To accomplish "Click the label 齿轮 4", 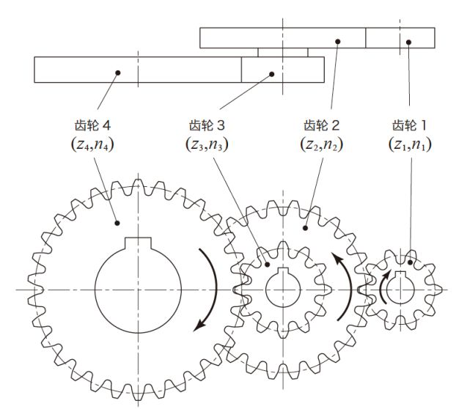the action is (x=93, y=125).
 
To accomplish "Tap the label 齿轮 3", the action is (x=207, y=125).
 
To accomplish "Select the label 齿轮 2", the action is (x=321, y=125).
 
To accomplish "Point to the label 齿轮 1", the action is (x=410, y=125).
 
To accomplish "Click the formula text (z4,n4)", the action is (x=92, y=144).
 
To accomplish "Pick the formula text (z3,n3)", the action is (x=207, y=144).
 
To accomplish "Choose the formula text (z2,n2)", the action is (x=321, y=144).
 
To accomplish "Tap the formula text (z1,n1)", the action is (x=410, y=144).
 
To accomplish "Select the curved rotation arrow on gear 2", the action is (x=350, y=287).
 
